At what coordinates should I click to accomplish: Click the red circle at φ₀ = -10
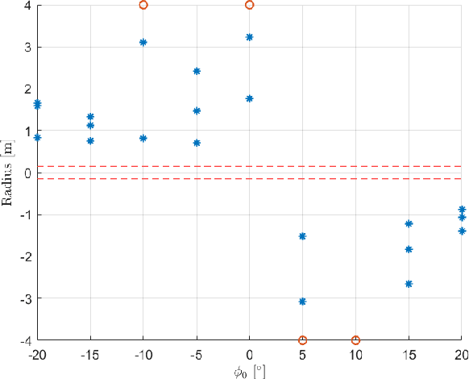143,5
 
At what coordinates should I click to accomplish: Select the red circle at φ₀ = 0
249,5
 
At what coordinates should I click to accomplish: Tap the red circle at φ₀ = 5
302,340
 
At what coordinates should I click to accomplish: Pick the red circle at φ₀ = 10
355,340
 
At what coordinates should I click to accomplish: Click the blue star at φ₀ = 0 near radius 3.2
249,37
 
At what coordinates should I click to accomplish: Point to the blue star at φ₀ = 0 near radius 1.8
249,98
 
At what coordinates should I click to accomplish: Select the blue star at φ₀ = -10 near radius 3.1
143,42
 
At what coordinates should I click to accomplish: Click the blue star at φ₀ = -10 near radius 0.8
143,138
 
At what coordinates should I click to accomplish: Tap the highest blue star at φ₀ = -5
197,71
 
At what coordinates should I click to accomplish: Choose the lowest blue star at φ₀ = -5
197,143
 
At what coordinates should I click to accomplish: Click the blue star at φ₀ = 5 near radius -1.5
302,236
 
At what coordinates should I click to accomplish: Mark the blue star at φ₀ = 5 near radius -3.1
302,302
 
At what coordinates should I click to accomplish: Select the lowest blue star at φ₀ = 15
409,284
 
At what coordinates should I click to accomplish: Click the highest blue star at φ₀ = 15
409,223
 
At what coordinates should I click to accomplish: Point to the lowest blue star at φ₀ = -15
90,140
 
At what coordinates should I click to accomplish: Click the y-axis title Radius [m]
9,173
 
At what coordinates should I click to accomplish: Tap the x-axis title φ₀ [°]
249,370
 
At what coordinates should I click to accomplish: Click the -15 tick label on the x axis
90,354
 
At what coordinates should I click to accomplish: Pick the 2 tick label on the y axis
27,89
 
